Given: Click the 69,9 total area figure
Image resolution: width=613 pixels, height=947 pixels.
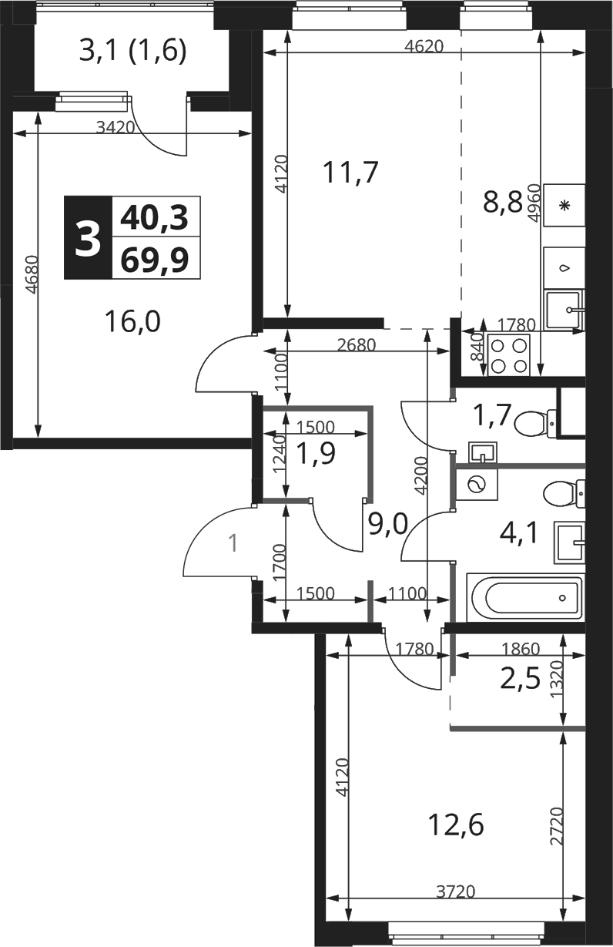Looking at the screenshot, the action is coord(155,259).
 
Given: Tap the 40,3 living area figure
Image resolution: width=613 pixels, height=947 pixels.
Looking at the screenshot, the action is coord(155,218).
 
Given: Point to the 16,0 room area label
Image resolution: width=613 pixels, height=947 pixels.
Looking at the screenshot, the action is coord(132,321).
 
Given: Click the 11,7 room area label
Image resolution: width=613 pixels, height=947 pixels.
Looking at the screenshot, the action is coord(350,173).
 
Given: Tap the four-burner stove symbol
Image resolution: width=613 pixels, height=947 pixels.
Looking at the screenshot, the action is coord(508,354).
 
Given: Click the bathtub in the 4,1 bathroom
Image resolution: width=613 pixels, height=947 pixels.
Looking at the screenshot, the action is coord(525,598).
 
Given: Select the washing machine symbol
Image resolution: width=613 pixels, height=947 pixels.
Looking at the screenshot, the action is coord(477,485).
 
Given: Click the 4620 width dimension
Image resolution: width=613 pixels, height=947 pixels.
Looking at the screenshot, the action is coord(424,45).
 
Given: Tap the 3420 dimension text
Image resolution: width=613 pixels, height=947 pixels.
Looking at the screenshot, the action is coord(116,127).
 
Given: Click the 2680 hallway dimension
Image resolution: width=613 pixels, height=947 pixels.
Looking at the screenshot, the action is coord(357,345).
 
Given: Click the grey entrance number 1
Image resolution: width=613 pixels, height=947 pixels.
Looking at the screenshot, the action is coord(233,543).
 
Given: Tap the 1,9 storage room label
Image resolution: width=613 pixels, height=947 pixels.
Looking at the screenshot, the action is coord(316,453).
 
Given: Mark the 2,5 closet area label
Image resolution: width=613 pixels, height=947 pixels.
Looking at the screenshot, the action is coord(520,680).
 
